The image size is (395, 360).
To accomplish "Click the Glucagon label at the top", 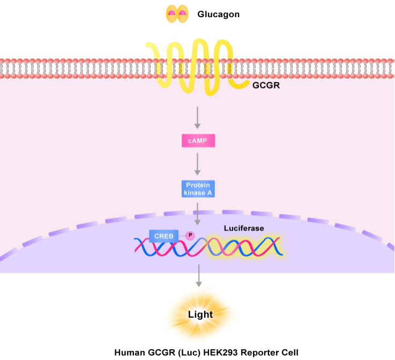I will [x=218, y=14].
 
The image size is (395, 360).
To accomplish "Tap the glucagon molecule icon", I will [x=177, y=14].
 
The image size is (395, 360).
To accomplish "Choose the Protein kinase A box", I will [x=198, y=187].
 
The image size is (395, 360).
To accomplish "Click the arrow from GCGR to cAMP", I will [x=198, y=117].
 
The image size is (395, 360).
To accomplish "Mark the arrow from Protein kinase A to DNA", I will [x=198, y=213].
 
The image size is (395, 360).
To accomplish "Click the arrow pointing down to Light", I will [x=199, y=276].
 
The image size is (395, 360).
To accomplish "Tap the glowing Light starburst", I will [x=199, y=314].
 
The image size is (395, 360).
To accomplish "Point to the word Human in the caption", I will [x=129, y=352].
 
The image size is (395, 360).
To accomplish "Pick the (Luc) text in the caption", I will [x=191, y=352].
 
